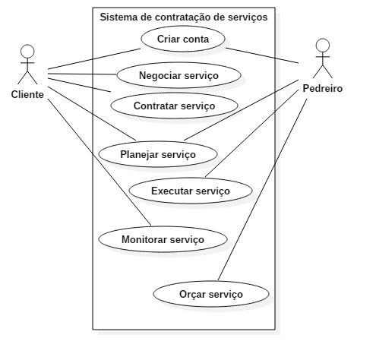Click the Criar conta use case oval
coord(182,38)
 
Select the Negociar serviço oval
coord(179,75)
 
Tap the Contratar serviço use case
coord(174,105)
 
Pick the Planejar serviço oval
coord(157,154)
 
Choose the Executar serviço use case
coord(190,191)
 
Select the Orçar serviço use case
coord(212,293)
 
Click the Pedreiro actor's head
coord(324,43)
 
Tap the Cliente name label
coord(27,95)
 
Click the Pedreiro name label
coord(324,88)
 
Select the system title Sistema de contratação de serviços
coord(184,16)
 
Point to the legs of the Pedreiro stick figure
coord(324,72)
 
